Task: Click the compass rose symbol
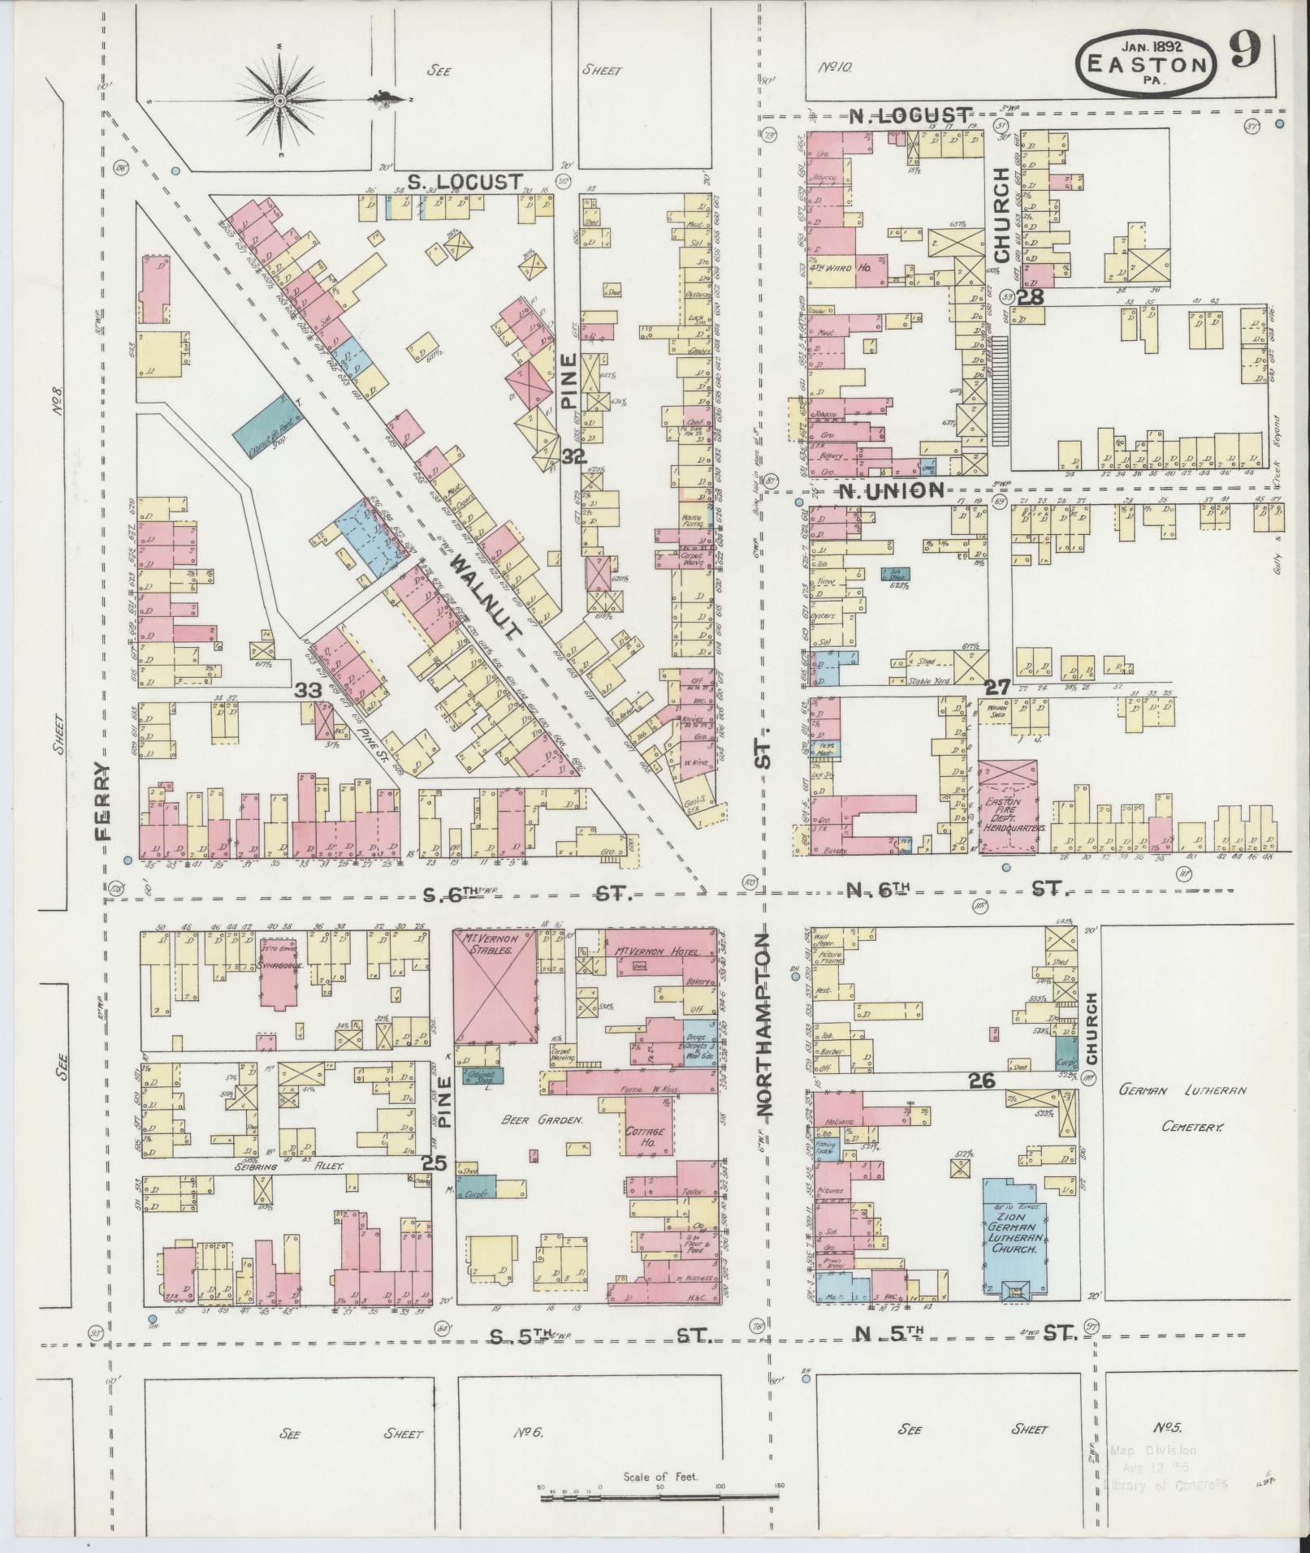(x=279, y=100)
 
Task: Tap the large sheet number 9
(x=1244, y=54)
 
